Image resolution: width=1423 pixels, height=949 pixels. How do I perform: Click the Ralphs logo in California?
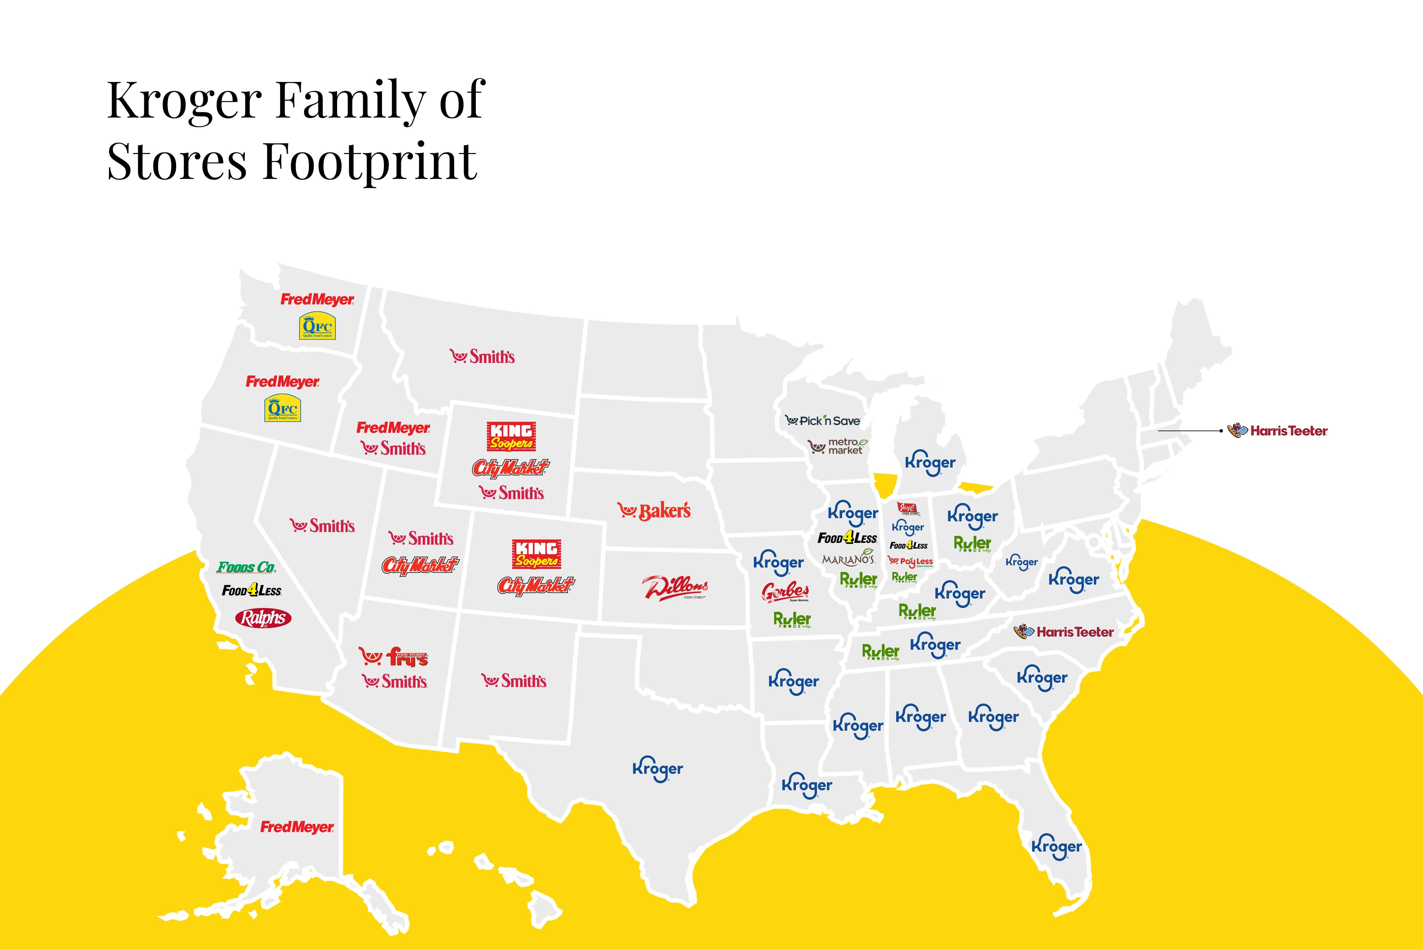(x=263, y=618)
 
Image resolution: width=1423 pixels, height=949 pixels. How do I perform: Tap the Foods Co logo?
(x=246, y=567)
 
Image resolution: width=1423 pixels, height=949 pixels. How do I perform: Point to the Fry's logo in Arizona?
(x=394, y=657)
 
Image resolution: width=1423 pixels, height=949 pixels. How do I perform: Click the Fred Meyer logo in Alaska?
(x=297, y=827)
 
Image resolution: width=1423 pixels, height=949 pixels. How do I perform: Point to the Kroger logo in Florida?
(x=1056, y=847)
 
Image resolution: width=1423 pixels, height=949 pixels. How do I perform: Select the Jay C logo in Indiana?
(x=908, y=509)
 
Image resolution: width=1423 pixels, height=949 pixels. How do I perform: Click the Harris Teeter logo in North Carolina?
(x=1064, y=632)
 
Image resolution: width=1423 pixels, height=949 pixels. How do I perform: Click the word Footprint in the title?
(x=370, y=162)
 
